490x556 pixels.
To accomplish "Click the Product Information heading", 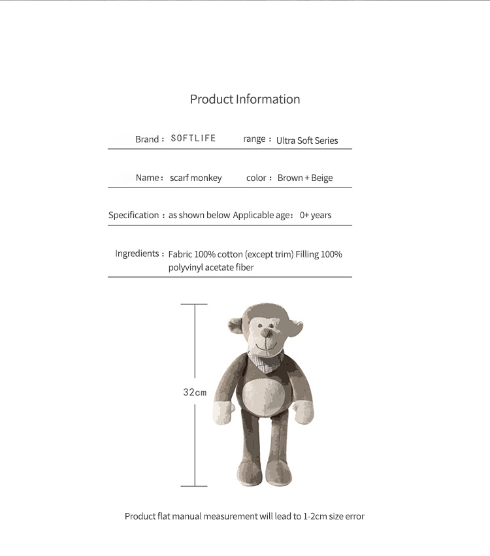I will [245, 99].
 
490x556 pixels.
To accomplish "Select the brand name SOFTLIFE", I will [193, 139].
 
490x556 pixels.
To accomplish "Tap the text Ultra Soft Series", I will [307, 140].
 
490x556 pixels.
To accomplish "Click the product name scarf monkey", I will [195, 178].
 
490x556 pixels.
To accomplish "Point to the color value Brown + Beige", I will [304, 178].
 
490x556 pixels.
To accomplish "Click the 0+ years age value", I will [316, 215].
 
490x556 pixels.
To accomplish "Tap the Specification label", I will [133, 215].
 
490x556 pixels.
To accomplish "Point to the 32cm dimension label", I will [195, 393].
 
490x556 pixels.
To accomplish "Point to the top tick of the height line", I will [194, 304].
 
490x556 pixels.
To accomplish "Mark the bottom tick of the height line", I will [194, 486].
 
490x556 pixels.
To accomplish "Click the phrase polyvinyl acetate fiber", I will [210, 267].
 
